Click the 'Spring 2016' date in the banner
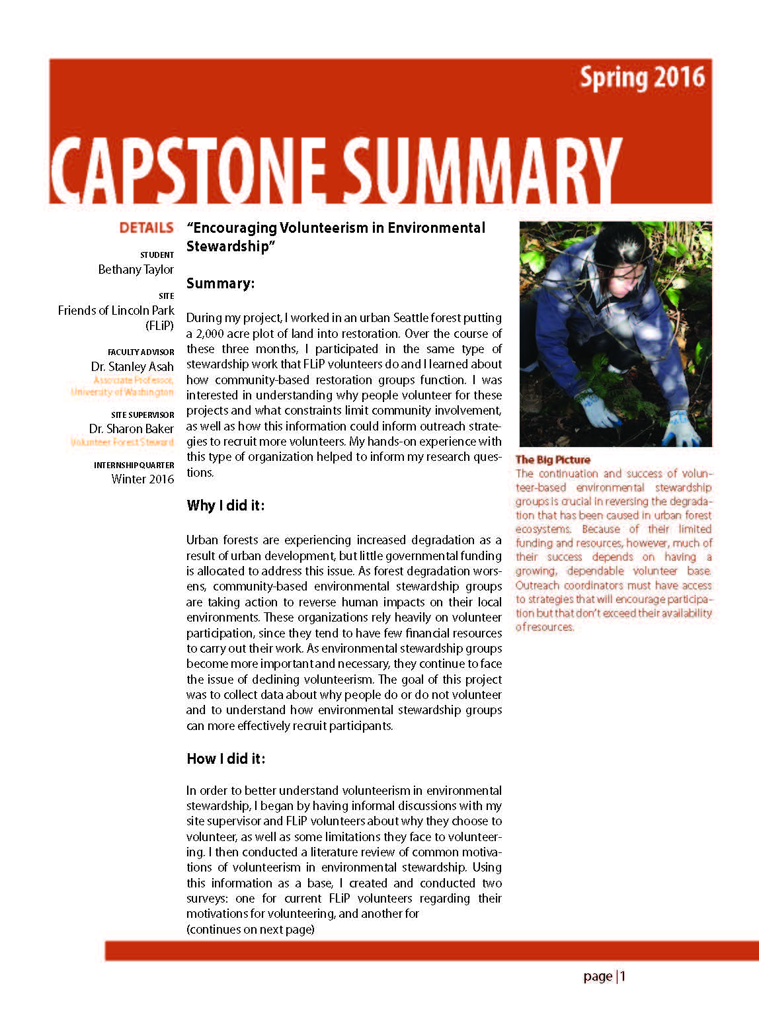pos(642,78)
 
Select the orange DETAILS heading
pos(146,228)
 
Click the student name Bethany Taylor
pos(136,270)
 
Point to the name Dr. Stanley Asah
pos(132,366)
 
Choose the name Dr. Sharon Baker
pos(131,428)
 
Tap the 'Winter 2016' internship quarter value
pos(142,479)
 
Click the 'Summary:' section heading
pos(220,284)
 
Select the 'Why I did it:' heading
pos(225,506)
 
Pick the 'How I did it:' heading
pos(225,759)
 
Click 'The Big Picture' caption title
pos(553,460)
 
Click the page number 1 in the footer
pos(623,977)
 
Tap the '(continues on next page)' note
pos(250,930)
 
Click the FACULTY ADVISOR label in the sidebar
pos(141,352)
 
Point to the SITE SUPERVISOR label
pos(142,415)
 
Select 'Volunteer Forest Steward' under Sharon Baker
pos(122,442)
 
